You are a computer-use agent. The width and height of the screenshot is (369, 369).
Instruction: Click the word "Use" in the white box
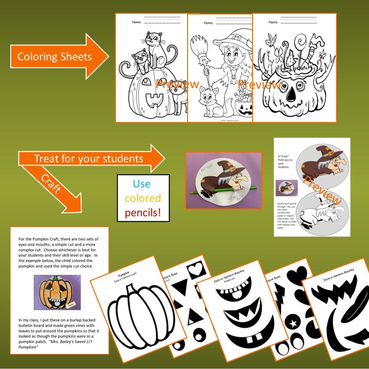click(142, 184)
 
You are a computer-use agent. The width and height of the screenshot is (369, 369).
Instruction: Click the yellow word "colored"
click(143, 198)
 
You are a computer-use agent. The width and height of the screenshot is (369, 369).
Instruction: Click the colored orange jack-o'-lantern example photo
click(57, 292)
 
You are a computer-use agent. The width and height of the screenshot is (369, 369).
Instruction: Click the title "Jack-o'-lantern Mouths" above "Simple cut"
click(235, 276)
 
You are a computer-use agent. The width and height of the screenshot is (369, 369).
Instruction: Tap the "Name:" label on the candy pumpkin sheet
click(273, 22)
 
